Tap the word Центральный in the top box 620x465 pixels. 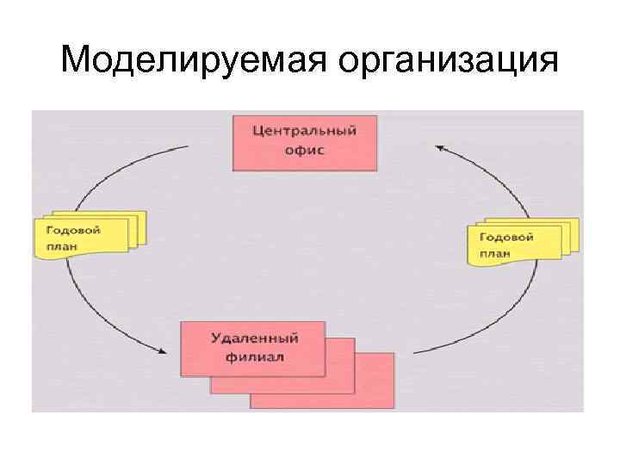[305, 131]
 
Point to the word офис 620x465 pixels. [305, 150]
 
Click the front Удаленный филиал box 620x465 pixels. [252, 348]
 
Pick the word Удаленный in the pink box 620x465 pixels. [252, 338]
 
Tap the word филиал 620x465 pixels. [252, 356]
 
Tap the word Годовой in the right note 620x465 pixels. [506, 237]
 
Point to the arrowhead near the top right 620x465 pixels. [439, 149]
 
